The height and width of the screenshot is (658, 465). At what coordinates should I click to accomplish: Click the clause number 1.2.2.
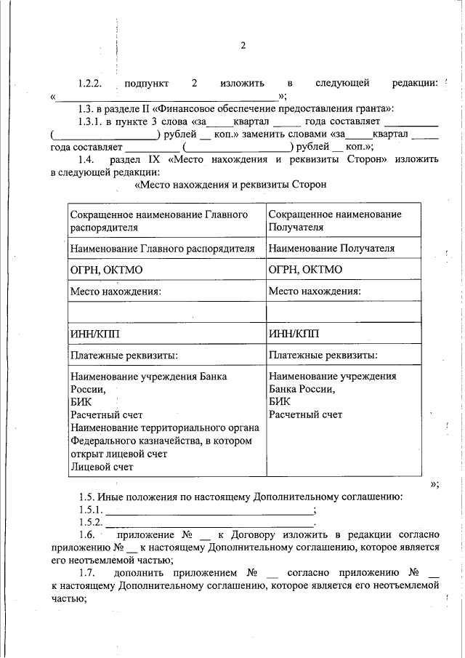[x=94, y=84]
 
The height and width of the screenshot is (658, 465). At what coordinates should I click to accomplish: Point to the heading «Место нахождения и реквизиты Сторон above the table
[x=231, y=185]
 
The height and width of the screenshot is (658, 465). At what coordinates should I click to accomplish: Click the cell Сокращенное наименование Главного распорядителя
[x=159, y=220]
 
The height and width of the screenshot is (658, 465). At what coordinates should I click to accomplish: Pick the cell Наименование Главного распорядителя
[x=162, y=249]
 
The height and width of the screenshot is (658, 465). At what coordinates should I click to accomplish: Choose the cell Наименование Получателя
[x=331, y=249]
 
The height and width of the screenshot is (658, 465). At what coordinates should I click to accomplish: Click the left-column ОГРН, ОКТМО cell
[x=106, y=270]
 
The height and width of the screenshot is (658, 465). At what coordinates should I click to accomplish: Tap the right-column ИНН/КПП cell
[x=294, y=334]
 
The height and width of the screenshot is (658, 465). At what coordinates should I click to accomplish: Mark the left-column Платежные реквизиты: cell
[x=124, y=356]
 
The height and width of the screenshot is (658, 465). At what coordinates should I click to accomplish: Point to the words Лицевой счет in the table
[x=101, y=467]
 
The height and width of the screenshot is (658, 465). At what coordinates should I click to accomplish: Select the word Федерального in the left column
[x=106, y=441]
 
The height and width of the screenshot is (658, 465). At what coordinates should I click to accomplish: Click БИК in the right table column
[x=279, y=401]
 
